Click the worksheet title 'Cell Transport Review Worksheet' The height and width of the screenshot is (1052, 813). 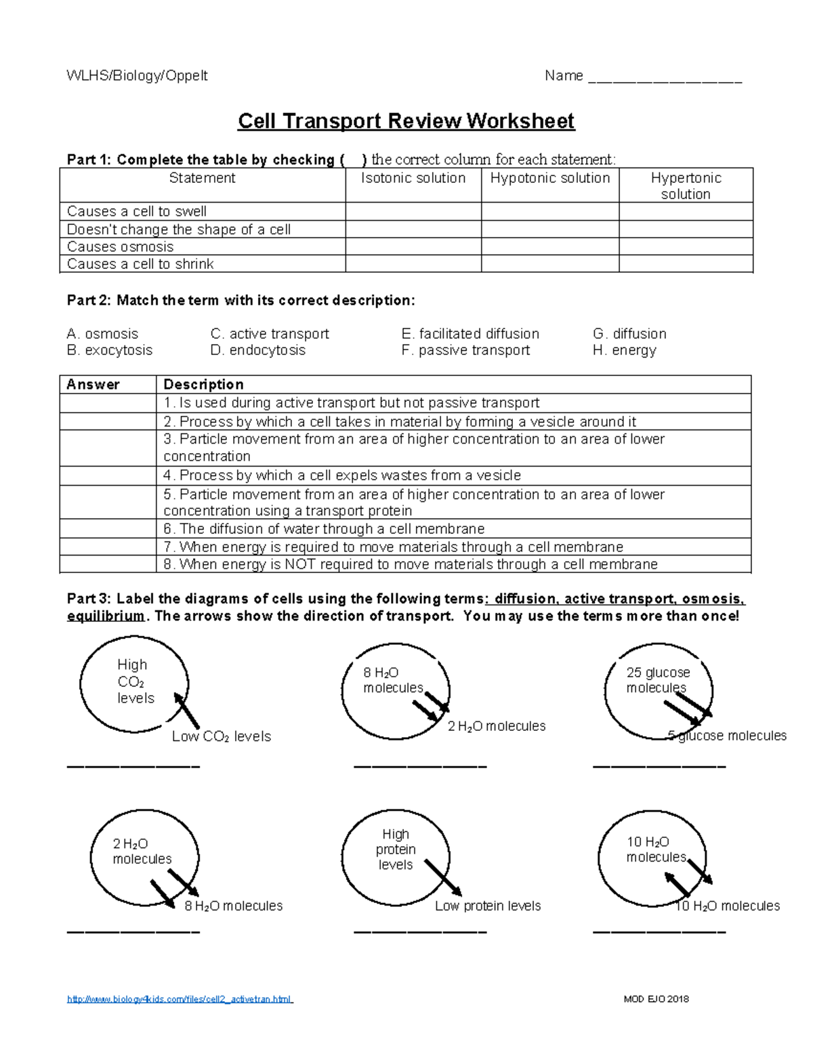pyautogui.click(x=406, y=121)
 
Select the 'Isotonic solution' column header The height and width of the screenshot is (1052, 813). pyautogui.click(x=413, y=178)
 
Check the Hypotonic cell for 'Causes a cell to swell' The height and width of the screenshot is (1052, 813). pyautogui.click(x=549, y=211)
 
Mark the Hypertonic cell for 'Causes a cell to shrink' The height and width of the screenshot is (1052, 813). pyautogui.click(x=686, y=264)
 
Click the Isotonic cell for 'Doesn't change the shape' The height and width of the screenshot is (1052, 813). pyautogui.click(x=413, y=230)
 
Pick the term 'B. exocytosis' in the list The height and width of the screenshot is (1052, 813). pyautogui.click(x=110, y=350)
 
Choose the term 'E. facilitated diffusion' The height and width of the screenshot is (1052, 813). pyautogui.click(x=470, y=334)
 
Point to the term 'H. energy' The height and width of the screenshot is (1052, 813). pyautogui.click(x=624, y=350)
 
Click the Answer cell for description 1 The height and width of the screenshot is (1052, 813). pyautogui.click(x=108, y=403)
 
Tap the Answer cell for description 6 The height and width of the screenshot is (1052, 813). pyautogui.click(x=108, y=528)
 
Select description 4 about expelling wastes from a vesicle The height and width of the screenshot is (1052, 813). pyautogui.click(x=342, y=476)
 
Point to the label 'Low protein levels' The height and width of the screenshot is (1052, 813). pyautogui.click(x=488, y=906)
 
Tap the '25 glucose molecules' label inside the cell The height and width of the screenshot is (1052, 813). pyautogui.click(x=657, y=680)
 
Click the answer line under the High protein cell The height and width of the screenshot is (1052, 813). pyautogui.click(x=420, y=931)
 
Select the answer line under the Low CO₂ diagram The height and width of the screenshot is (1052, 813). pyautogui.click(x=133, y=766)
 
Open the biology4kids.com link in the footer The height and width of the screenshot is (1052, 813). pyautogui.click(x=180, y=999)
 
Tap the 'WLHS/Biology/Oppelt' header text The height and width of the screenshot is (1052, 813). pyautogui.click(x=137, y=76)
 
